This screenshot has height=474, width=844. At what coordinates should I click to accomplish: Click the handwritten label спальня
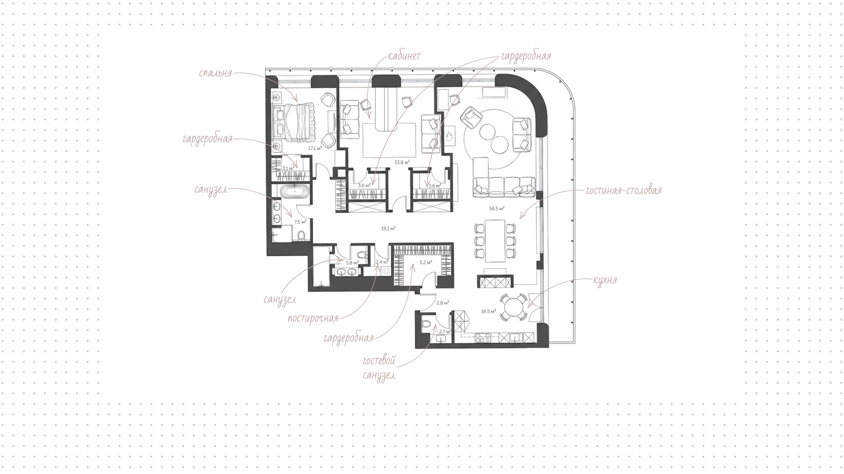(x=215, y=73)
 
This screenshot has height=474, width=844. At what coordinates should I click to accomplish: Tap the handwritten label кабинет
(x=404, y=56)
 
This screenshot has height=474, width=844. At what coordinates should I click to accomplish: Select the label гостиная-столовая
(x=623, y=190)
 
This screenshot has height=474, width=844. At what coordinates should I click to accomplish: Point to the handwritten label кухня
(x=605, y=280)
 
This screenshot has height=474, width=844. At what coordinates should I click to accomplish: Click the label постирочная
(x=313, y=318)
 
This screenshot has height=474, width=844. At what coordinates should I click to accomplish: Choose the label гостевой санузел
(x=379, y=368)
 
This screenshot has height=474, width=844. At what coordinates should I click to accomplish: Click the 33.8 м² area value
(x=402, y=162)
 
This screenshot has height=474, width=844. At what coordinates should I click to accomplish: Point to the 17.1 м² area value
(x=315, y=148)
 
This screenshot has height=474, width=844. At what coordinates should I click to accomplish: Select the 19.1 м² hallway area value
(x=388, y=228)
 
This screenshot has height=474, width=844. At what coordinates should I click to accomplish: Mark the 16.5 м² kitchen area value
(x=488, y=311)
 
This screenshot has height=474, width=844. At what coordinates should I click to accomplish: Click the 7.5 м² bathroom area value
(x=300, y=222)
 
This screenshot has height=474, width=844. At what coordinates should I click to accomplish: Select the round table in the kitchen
(x=513, y=307)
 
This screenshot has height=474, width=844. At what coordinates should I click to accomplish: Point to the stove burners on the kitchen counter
(x=483, y=338)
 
